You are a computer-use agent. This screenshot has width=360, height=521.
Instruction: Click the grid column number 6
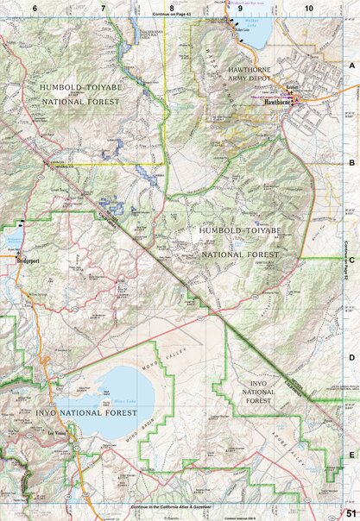pos(35,7)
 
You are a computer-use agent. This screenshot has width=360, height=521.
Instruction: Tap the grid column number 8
pos(172,7)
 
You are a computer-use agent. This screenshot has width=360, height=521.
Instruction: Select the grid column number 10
pos(308,7)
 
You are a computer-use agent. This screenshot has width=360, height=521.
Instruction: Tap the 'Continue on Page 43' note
pos(171,15)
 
